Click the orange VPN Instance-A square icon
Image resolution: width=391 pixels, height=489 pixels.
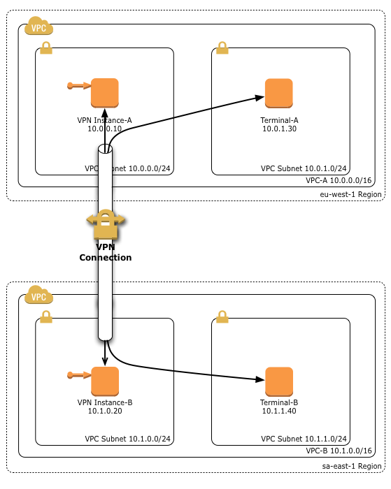click(105, 93)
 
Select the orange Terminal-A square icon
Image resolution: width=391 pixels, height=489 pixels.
click(278, 93)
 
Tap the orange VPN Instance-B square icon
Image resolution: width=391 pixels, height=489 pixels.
click(105, 381)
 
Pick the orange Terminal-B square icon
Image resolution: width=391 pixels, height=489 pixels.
click(278, 381)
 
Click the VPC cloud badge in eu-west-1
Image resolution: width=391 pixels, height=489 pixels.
click(38, 29)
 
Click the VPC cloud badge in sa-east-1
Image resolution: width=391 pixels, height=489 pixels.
click(38, 296)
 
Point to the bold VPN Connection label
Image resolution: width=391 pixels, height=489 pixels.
click(105, 252)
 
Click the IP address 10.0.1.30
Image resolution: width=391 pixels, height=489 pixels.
click(278, 129)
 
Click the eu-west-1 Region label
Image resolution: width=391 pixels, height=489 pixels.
click(350, 194)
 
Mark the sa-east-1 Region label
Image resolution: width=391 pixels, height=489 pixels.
click(352, 465)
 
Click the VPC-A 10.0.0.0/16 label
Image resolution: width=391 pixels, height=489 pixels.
click(339, 180)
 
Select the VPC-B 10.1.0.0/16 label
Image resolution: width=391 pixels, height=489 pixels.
click(339, 451)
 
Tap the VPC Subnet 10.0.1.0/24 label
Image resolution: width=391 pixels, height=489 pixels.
click(304, 168)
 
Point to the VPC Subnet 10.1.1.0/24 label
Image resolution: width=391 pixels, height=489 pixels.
click(304, 439)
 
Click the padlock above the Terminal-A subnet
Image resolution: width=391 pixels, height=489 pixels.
click(222, 48)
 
